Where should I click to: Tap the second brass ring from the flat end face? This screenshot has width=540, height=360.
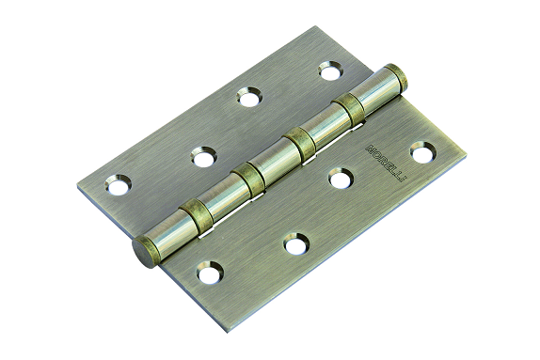247,178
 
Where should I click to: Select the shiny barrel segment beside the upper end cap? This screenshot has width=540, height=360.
374,93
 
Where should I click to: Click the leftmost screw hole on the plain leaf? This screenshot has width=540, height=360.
118,186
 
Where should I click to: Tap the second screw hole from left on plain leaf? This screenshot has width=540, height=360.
202,156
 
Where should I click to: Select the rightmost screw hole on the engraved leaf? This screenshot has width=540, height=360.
422,149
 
